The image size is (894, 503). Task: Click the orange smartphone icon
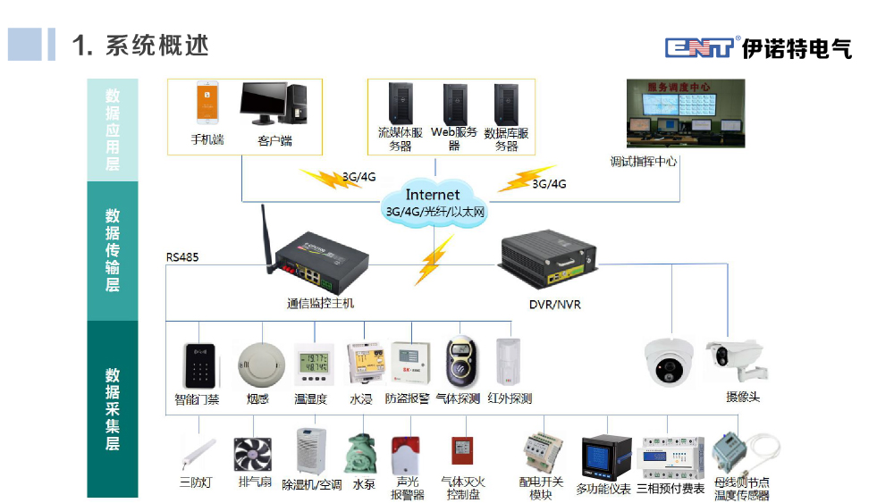208,105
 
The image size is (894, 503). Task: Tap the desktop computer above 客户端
274,105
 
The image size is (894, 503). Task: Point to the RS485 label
182,257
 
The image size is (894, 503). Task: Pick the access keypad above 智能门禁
197,365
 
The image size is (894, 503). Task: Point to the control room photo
685,113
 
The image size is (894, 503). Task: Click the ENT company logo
701,47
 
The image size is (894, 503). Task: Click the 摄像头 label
741,397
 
